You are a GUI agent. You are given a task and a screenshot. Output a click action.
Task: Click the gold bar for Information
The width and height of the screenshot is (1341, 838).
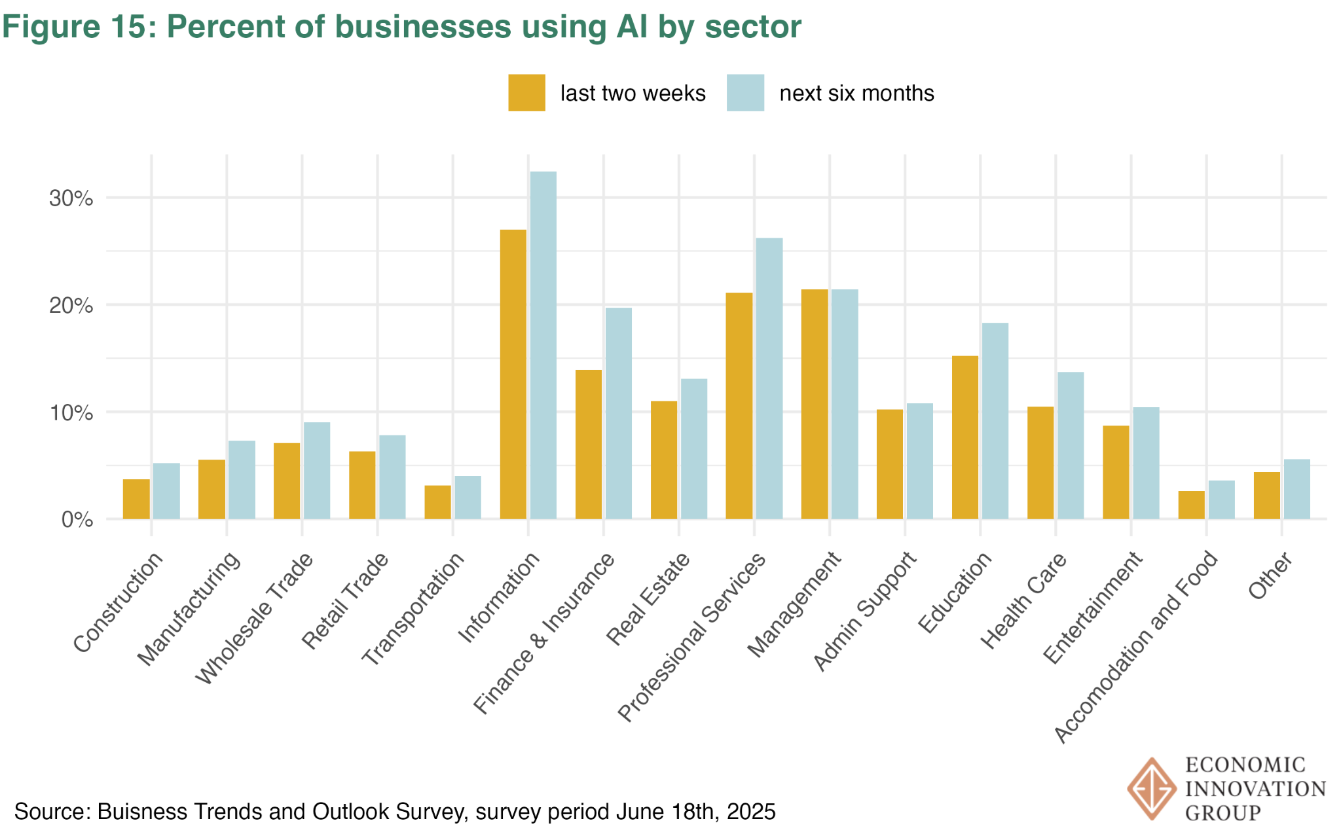click(513, 374)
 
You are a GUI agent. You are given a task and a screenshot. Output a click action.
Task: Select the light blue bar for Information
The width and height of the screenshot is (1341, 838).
click(543, 345)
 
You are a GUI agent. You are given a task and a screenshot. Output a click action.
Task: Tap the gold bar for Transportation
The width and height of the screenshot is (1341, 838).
click(437, 502)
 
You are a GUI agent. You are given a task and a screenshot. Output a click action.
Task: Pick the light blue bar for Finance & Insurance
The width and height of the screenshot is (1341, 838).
click(618, 413)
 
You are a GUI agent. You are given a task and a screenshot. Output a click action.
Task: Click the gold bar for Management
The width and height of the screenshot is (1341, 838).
click(814, 404)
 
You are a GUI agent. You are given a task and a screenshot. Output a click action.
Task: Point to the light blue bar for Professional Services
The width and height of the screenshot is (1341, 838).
click(769, 378)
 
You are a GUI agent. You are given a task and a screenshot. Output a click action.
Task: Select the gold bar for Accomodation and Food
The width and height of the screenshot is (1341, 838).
click(1191, 505)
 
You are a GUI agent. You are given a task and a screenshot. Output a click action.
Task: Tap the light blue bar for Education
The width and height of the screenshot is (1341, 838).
click(995, 421)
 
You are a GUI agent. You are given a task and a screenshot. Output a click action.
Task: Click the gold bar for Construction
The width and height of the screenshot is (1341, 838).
click(136, 499)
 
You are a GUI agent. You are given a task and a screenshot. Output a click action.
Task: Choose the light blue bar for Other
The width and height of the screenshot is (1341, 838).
click(1296, 489)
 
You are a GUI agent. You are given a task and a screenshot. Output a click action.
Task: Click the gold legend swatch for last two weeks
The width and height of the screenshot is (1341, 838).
click(526, 93)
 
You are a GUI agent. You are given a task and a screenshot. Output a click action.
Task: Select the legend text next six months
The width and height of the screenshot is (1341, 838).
click(856, 94)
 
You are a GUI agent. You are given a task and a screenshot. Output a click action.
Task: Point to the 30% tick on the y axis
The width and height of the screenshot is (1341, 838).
click(71, 198)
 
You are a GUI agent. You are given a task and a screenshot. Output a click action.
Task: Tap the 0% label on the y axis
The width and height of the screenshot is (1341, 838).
click(77, 520)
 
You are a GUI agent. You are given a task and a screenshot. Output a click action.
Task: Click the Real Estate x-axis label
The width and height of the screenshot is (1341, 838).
click(648, 599)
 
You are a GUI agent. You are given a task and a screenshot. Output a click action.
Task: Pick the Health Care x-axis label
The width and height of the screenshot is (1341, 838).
click(1023, 601)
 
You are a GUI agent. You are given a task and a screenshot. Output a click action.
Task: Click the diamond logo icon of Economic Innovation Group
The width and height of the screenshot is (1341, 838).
click(1151, 789)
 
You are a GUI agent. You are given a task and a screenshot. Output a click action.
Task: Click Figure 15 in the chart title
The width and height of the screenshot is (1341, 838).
click(79, 27)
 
